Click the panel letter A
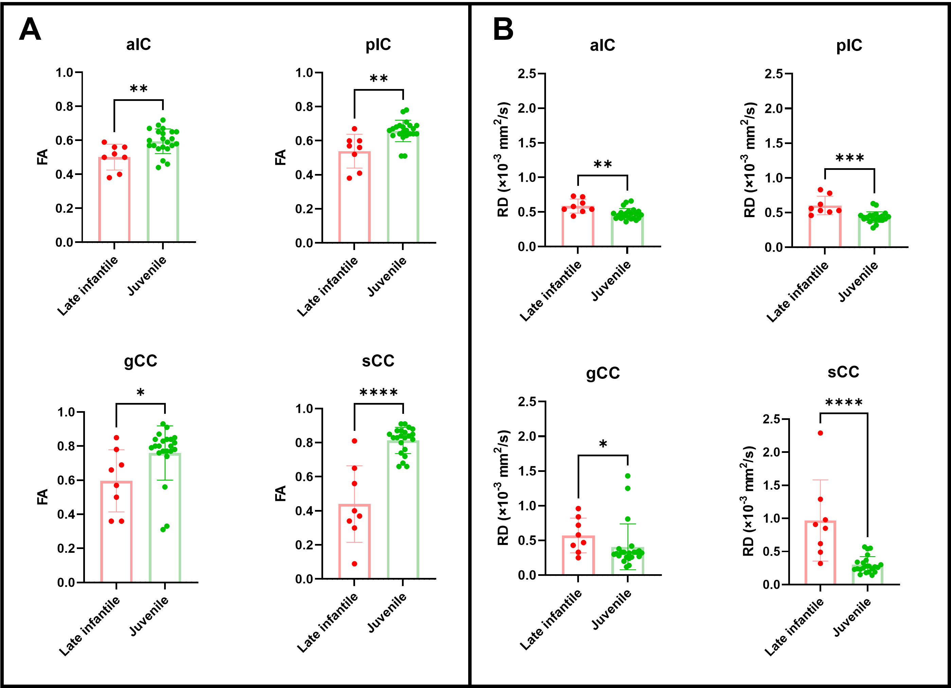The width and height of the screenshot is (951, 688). [30, 29]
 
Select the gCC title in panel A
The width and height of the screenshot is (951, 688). [140, 360]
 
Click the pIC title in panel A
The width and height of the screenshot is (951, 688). [378, 45]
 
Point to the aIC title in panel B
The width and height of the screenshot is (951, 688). [602, 45]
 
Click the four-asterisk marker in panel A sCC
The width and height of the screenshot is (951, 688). [378, 392]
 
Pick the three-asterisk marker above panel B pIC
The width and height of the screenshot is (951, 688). [849, 158]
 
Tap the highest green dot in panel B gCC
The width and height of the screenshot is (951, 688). [628, 476]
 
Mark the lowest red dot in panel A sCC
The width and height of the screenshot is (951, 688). [354, 564]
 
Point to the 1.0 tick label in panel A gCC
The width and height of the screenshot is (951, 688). [66, 412]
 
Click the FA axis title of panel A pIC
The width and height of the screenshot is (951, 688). [280, 157]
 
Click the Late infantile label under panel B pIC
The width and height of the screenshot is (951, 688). [797, 292]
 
